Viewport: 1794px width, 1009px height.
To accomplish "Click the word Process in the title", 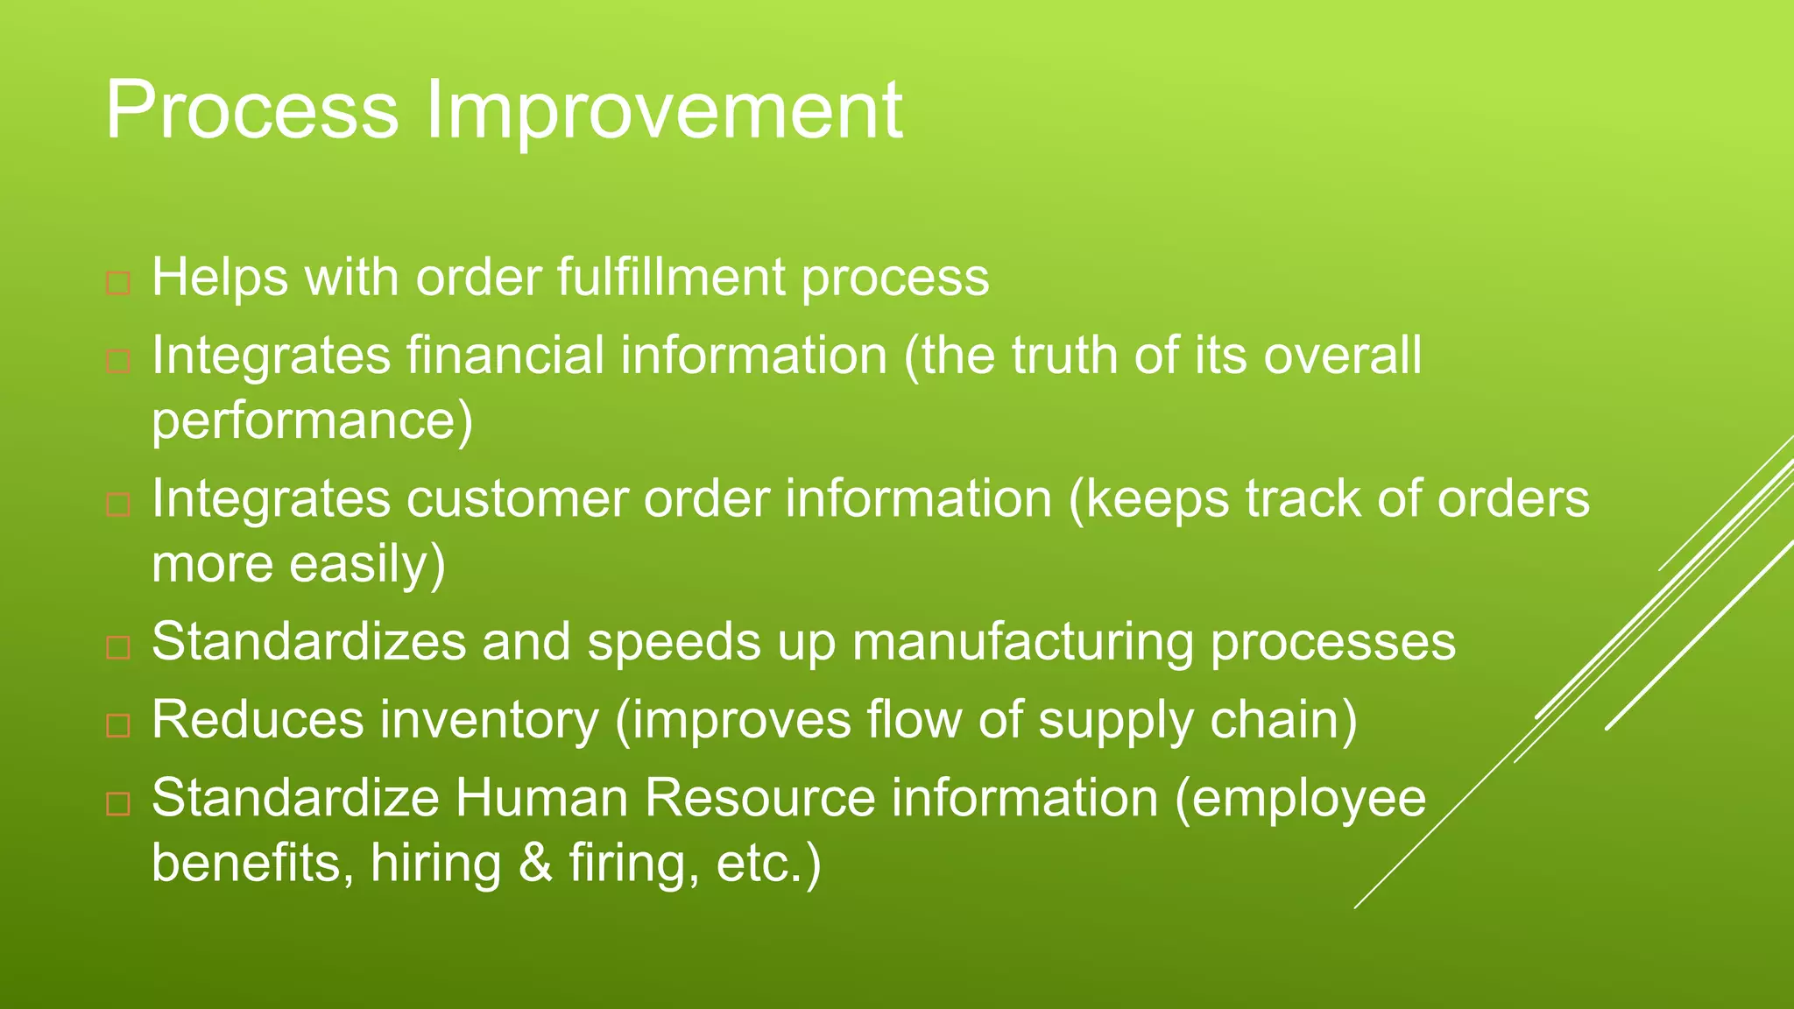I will pyautogui.click(x=252, y=112).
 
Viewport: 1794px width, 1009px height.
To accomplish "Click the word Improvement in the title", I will pyautogui.click(x=664, y=112).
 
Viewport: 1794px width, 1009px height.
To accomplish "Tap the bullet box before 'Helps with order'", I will pyautogui.click(x=118, y=284).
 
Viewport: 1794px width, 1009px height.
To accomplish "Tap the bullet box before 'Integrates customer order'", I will pyautogui.click(x=118, y=505).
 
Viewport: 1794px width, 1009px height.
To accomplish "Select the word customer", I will pyautogui.click(x=517, y=500).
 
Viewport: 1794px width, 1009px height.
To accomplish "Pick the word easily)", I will pyautogui.click(x=368, y=565).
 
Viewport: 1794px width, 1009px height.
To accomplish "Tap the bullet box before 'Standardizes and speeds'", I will pyautogui.click(x=118, y=648).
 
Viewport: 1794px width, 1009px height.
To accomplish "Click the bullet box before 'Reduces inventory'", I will pyautogui.click(x=118, y=726).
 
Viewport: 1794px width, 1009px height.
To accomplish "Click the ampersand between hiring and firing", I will pyautogui.click(x=535, y=863).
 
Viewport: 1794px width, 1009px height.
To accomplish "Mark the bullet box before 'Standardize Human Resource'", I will pyautogui.click(x=118, y=804).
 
